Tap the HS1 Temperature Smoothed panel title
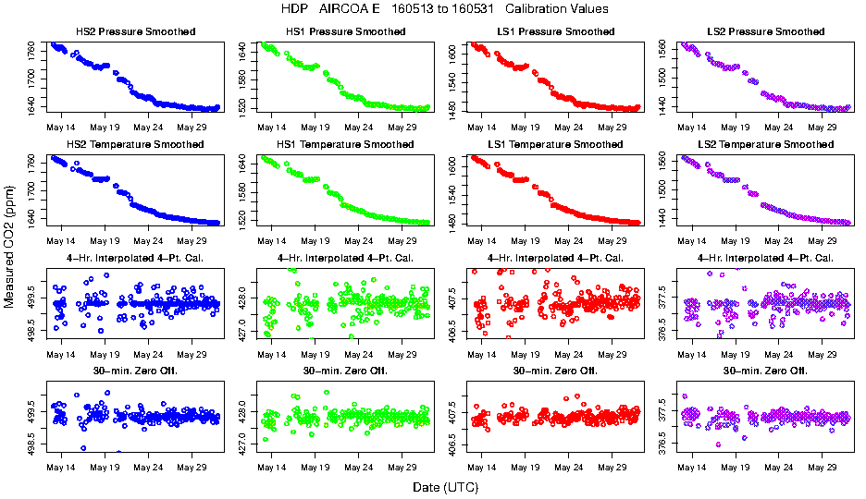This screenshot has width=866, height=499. pyautogui.click(x=346, y=145)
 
